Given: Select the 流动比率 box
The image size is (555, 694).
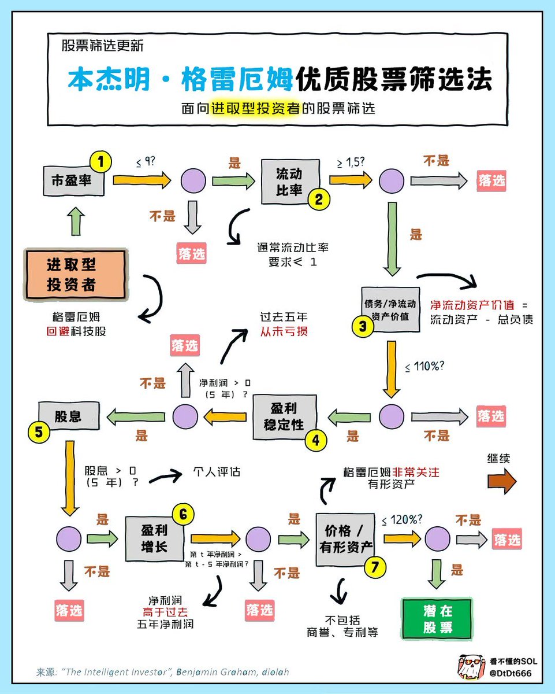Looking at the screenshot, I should [289, 182].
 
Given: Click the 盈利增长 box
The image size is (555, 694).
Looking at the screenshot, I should [154, 538].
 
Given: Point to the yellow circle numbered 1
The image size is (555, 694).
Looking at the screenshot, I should [101, 163].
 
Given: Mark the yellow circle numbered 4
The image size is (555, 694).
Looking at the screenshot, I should [315, 440].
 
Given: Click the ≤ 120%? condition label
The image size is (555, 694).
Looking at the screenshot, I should [402, 519].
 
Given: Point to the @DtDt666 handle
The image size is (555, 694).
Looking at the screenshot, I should [510, 673].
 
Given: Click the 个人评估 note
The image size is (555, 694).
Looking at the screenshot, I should [217, 471].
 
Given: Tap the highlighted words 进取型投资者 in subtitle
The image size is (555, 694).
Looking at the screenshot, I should [255, 108].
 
